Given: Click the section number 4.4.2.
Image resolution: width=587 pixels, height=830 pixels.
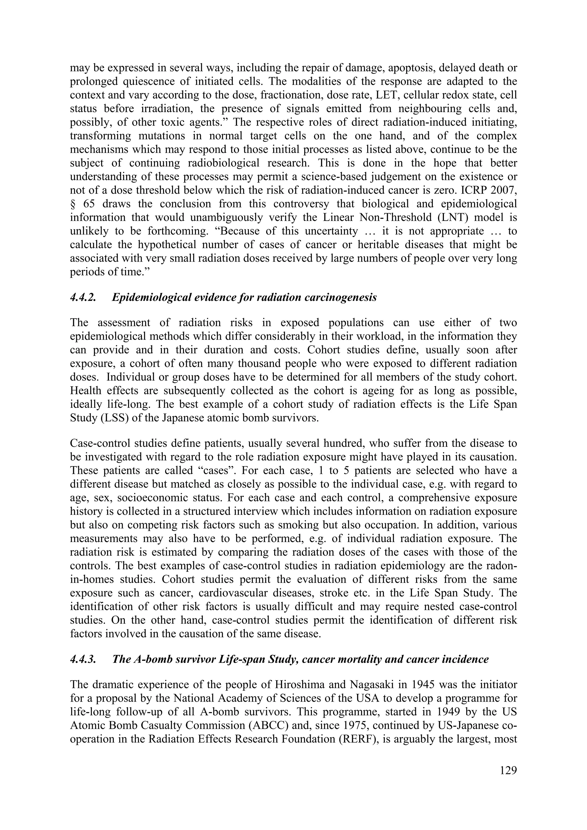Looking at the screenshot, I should (83, 297).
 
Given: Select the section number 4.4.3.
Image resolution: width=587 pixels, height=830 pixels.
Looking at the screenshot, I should (83, 659).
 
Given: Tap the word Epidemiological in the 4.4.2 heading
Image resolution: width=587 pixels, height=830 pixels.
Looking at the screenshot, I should (152, 297).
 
